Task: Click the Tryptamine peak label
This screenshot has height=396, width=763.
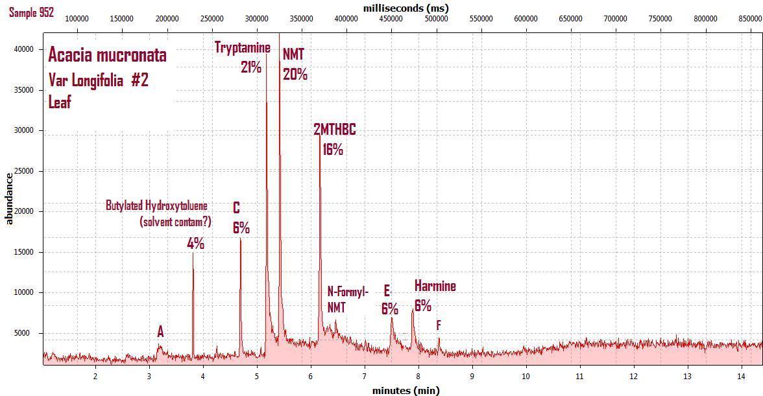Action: (243, 47)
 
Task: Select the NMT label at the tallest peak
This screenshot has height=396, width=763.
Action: (293, 55)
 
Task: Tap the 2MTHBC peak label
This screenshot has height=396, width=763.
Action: (335, 130)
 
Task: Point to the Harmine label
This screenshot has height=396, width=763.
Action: (435, 286)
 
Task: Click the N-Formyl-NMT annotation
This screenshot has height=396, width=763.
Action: (348, 299)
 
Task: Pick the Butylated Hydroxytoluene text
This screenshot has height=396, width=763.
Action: (157, 205)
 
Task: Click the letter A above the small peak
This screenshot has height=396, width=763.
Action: (160, 332)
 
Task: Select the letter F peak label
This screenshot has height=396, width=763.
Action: (439, 325)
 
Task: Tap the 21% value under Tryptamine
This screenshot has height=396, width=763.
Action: (250, 67)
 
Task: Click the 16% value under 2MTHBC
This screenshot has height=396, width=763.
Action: (332, 149)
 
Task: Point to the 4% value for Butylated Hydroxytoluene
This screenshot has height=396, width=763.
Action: (195, 244)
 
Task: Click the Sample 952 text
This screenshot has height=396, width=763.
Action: (31, 12)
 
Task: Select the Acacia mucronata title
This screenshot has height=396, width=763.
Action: (108, 55)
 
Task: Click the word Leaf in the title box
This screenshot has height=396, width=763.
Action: (60, 102)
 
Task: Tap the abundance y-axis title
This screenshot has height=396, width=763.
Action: (9, 198)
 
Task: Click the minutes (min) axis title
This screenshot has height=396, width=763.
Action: (406, 390)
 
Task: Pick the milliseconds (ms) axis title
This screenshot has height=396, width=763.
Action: (406, 8)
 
